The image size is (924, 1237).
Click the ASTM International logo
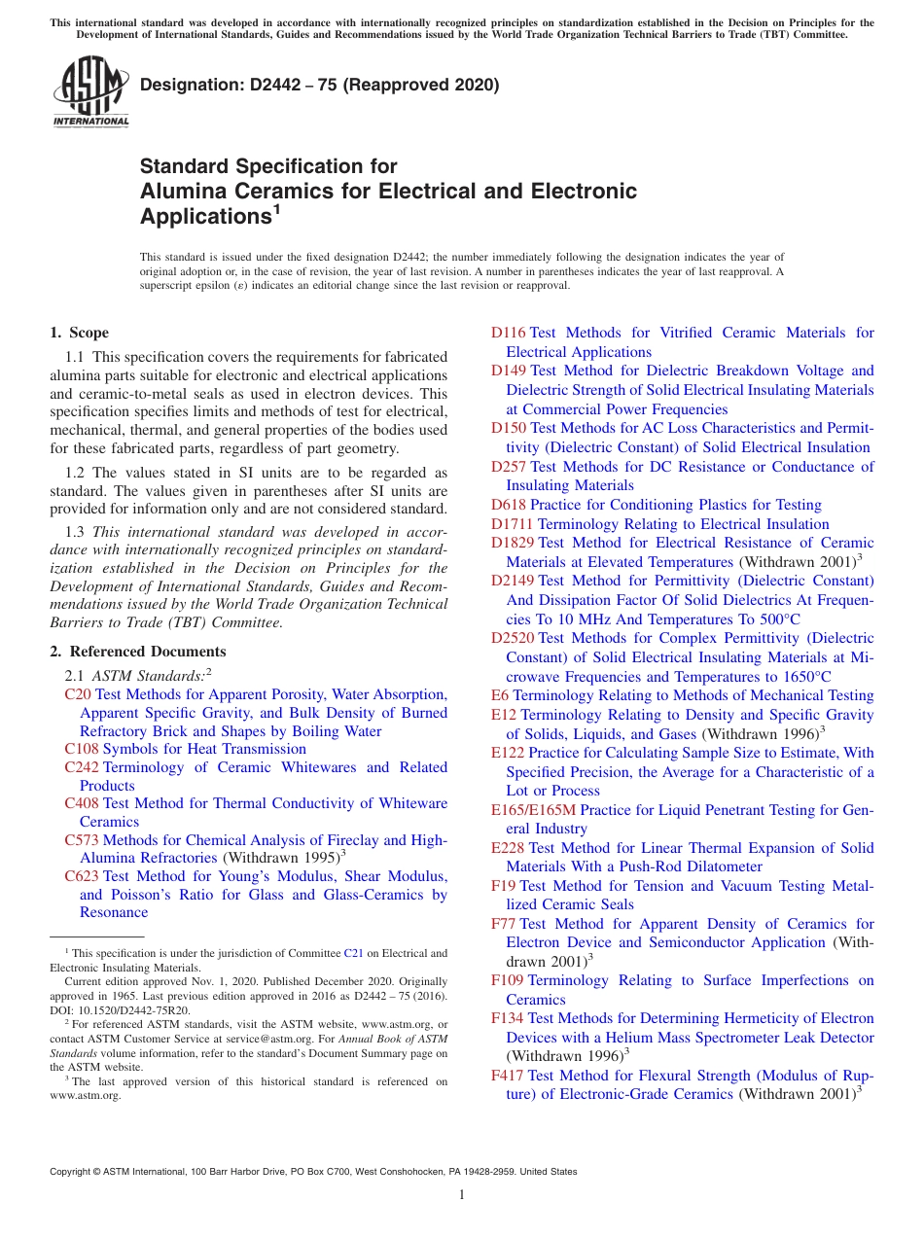pyautogui.click(x=90, y=91)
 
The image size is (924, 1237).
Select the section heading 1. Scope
pyautogui.click(x=80, y=333)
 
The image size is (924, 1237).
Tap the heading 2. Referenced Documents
pyautogui.click(x=138, y=652)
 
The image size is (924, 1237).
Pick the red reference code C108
pyautogui.click(x=82, y=749)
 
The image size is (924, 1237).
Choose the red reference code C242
pyautogui.click(x=82, y=767)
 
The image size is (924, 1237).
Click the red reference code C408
pyautogui.click(x=82, y=803)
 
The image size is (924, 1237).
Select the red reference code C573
pyautogui.click(x=82, y=840)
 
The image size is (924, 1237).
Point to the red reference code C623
pyautogui.click(x=82, y=876)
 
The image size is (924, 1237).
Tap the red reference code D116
pyautogui.click(x=508, y=333)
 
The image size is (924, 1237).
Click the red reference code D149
pyautogui.click(x=508, y=371)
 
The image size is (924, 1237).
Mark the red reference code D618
pyautogui.click(x=508, y=505)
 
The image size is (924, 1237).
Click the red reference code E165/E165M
pyautogui.click(x=533, y=810)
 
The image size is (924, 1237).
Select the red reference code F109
pyautogui.click(x=507, y=980)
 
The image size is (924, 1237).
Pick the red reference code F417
pyautogui.click(x=507, y=1076)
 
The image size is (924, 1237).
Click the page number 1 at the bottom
pyautogui.click(x=462, y=1195)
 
